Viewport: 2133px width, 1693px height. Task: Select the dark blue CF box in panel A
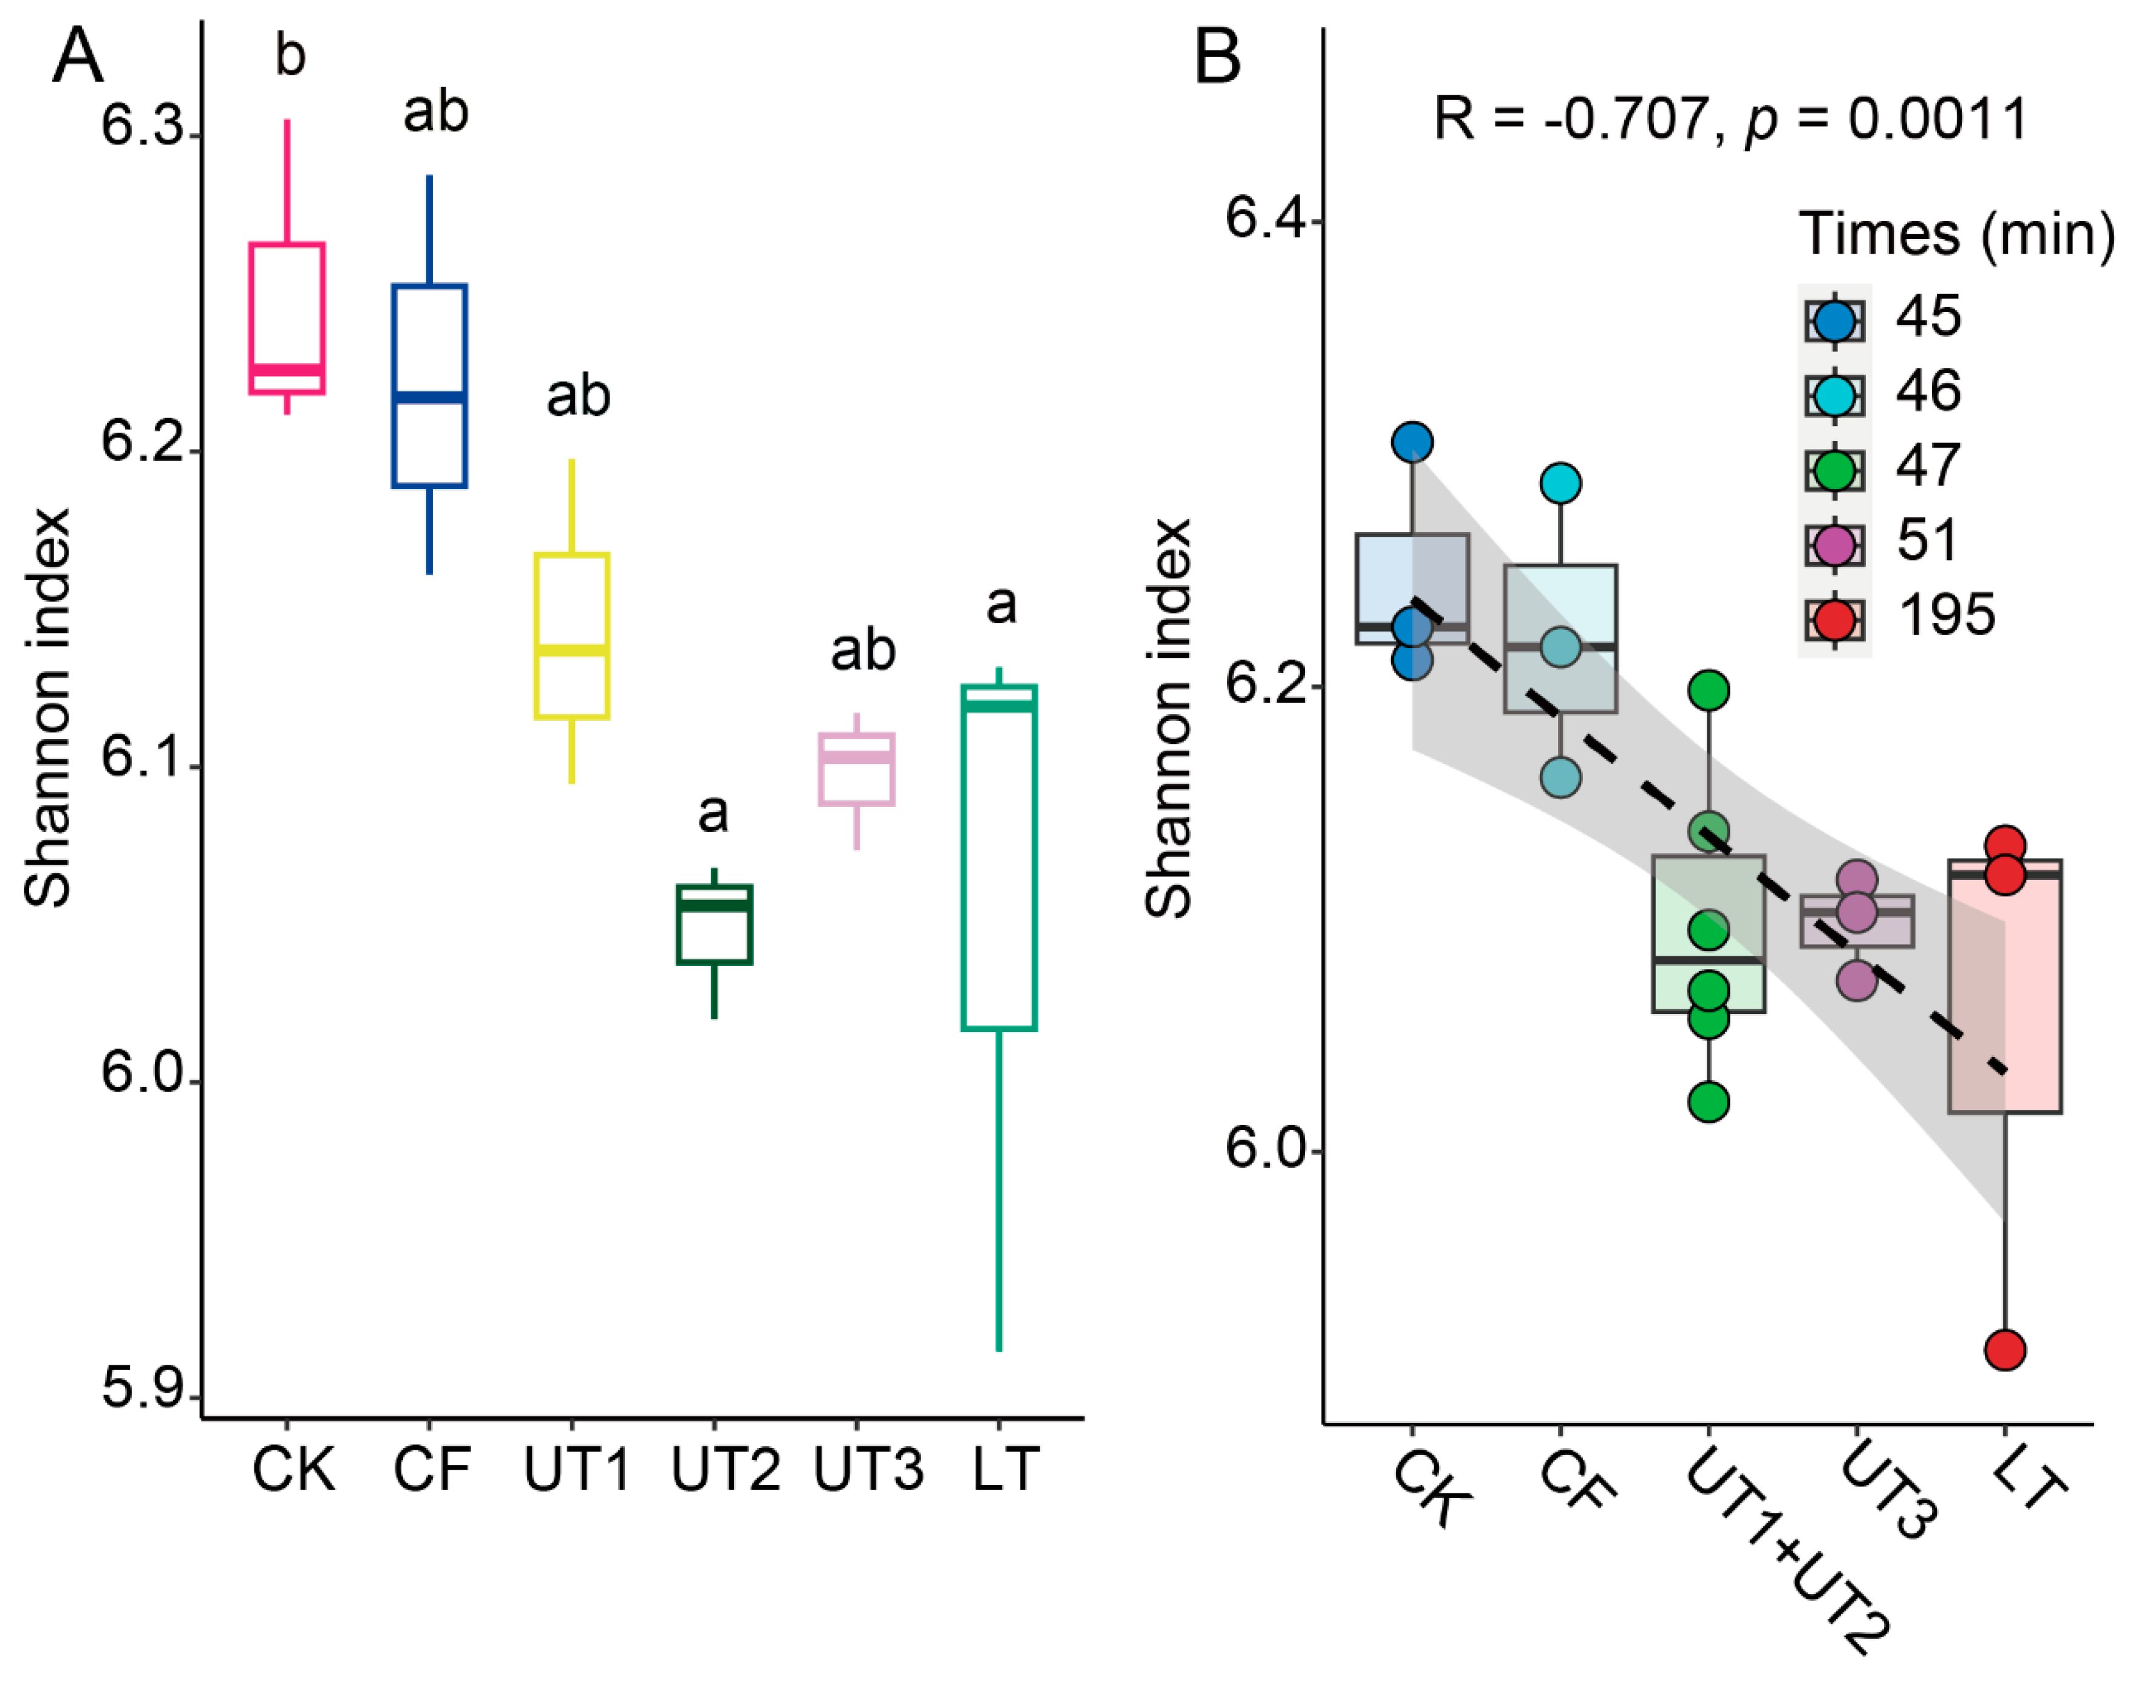click(x=429, y=386)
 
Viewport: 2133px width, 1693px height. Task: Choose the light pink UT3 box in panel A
click(x=857, y=769)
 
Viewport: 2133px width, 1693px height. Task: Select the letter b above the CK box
click(x=290, y=55)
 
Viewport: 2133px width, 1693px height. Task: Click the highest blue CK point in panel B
click(x=1412, y=442)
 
